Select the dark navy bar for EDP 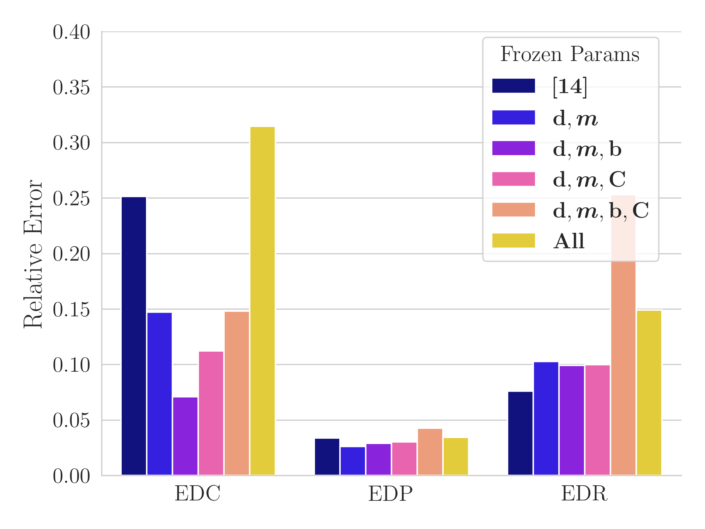327,457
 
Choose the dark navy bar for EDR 520,433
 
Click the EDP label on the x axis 390,494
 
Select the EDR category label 584,494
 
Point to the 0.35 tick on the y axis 71,87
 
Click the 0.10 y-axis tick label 71,365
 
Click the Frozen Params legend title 570,54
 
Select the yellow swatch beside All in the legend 513,241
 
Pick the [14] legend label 570,86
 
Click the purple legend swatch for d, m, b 513,148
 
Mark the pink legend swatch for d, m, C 513,179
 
